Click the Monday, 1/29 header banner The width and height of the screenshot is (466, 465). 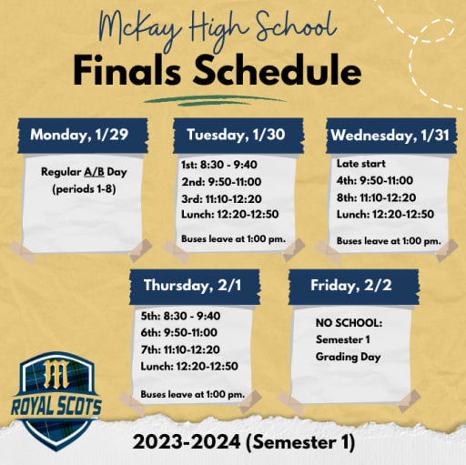83,136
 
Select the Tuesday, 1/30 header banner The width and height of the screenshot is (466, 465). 238,136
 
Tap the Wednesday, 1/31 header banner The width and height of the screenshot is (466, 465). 391,136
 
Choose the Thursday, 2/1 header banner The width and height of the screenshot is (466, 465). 195,287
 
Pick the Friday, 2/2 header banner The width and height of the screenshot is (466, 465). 354,287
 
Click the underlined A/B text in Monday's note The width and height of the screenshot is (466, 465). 94,172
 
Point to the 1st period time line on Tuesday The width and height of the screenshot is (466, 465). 219,165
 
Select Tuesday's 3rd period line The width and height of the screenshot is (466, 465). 221,199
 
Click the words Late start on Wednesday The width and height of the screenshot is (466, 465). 361,164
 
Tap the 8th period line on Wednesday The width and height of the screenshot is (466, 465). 376,197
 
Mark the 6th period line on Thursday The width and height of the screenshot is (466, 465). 178,332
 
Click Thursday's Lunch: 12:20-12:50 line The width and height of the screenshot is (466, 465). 189,366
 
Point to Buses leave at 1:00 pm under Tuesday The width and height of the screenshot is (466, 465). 233,238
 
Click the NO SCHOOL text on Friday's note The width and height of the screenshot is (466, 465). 349,323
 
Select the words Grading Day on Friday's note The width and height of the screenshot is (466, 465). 348,357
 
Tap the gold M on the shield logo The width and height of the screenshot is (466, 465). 56,374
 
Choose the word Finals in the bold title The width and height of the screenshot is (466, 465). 127,70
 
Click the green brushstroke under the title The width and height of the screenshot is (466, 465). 215,100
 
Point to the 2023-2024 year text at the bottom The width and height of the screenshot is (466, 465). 187,441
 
